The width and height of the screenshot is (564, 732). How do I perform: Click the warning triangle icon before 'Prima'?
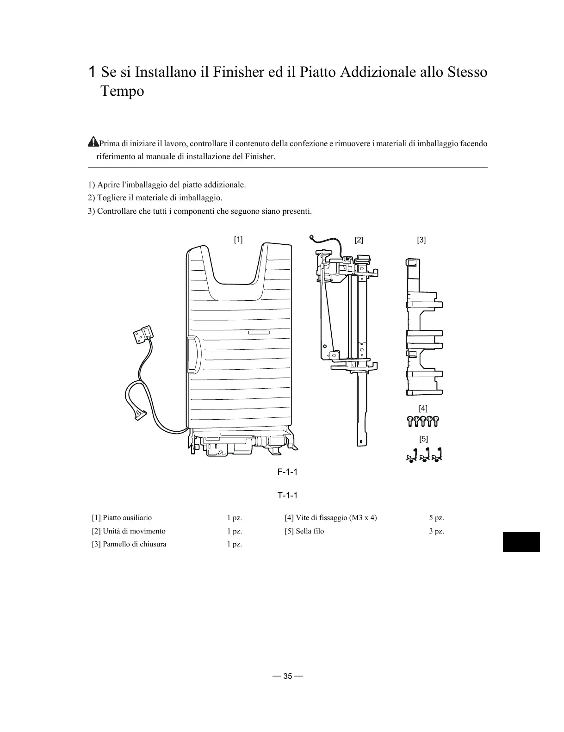tap(93, 141)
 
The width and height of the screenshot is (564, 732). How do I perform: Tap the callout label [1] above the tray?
tap(238, 239)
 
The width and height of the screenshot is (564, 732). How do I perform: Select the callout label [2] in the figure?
tap(359, 240)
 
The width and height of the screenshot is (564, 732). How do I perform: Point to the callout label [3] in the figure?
tap(421, 240)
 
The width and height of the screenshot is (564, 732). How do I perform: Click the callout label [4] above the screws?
tap(423, 408)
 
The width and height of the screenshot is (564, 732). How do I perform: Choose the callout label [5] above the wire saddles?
tap(423, 438)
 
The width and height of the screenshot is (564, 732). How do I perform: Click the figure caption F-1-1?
tap(287, 472)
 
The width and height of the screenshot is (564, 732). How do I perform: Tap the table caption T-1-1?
tap(287, 496)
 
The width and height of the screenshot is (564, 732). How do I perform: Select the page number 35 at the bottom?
tap(288, 676)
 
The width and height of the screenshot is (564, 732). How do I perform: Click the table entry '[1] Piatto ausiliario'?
tap(122, 518)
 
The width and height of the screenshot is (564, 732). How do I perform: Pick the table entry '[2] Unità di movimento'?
tap(129, 531)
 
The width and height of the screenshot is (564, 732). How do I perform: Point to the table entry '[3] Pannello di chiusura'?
tap(129, 544)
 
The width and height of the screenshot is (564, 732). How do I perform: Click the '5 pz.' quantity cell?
tap(436, 518)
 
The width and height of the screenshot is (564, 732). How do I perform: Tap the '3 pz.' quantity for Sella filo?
tap(436, 531)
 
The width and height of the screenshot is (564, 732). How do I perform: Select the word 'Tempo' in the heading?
tap(123, 91)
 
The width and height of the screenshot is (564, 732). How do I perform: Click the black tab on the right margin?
tap(521, 542)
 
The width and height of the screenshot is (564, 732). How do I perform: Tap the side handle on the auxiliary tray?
tap(193, 354)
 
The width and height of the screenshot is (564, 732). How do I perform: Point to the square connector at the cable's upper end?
tap(144, 334)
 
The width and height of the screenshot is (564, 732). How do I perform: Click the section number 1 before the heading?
tap(92, 72)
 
